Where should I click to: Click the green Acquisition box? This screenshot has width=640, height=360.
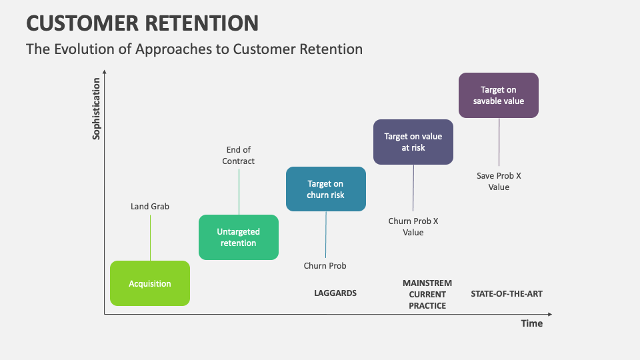coord(150,283)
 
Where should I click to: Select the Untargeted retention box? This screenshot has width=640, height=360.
coord(239,237)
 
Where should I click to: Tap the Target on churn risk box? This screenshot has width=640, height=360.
coord(325,189)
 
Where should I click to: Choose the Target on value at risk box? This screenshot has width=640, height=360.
coord(413,142)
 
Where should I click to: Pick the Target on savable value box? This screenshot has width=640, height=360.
coord(499,95)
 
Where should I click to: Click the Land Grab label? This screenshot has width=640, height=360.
coord(150,207)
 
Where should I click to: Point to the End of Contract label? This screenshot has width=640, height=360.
coord(239,155)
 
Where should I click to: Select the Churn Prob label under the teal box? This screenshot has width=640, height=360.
coord(325,266)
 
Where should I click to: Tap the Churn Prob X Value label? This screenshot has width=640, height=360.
coord(413,227)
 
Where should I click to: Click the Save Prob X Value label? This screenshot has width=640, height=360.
coord(499,181)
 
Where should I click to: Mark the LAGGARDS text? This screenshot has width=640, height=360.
coord(335,293)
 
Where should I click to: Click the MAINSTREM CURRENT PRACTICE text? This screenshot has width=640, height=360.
coord(427,294)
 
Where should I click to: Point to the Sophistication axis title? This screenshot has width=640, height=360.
coord(97,109)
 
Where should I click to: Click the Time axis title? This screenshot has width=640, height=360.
coord(531,323)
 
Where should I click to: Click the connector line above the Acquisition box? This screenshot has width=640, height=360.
coord(150,237)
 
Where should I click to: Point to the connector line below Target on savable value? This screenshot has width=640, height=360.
coord(499,143)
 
